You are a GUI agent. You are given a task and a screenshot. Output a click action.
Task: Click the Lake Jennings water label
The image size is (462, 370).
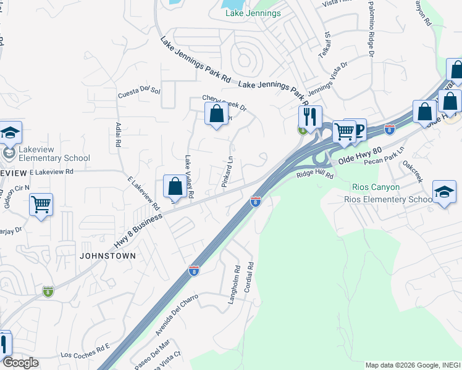[x=253, y=13]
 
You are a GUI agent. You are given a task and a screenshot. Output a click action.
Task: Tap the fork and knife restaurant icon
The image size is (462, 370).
[x=309, y=116]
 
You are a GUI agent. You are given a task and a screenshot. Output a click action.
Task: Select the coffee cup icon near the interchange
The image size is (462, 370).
[x=356, y=129]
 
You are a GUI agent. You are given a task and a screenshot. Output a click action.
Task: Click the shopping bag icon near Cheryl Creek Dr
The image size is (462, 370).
[x=216, y=113]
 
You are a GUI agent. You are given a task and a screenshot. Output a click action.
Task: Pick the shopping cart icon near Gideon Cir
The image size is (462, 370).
[x=41, y=204]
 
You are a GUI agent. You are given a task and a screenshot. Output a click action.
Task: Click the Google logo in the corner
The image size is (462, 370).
[x=20, y=363]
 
